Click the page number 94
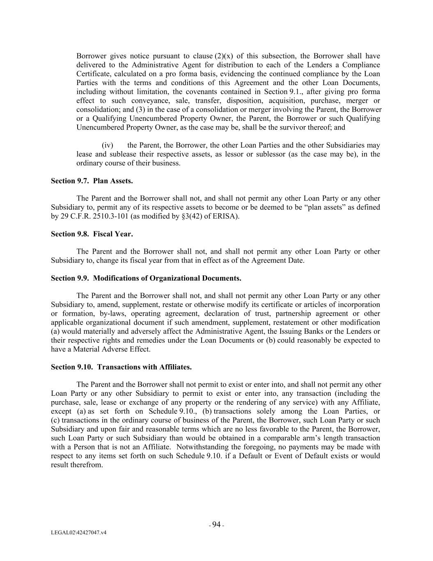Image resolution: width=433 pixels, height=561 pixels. [216, 524]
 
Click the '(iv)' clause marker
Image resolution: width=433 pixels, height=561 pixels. [107, 145]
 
